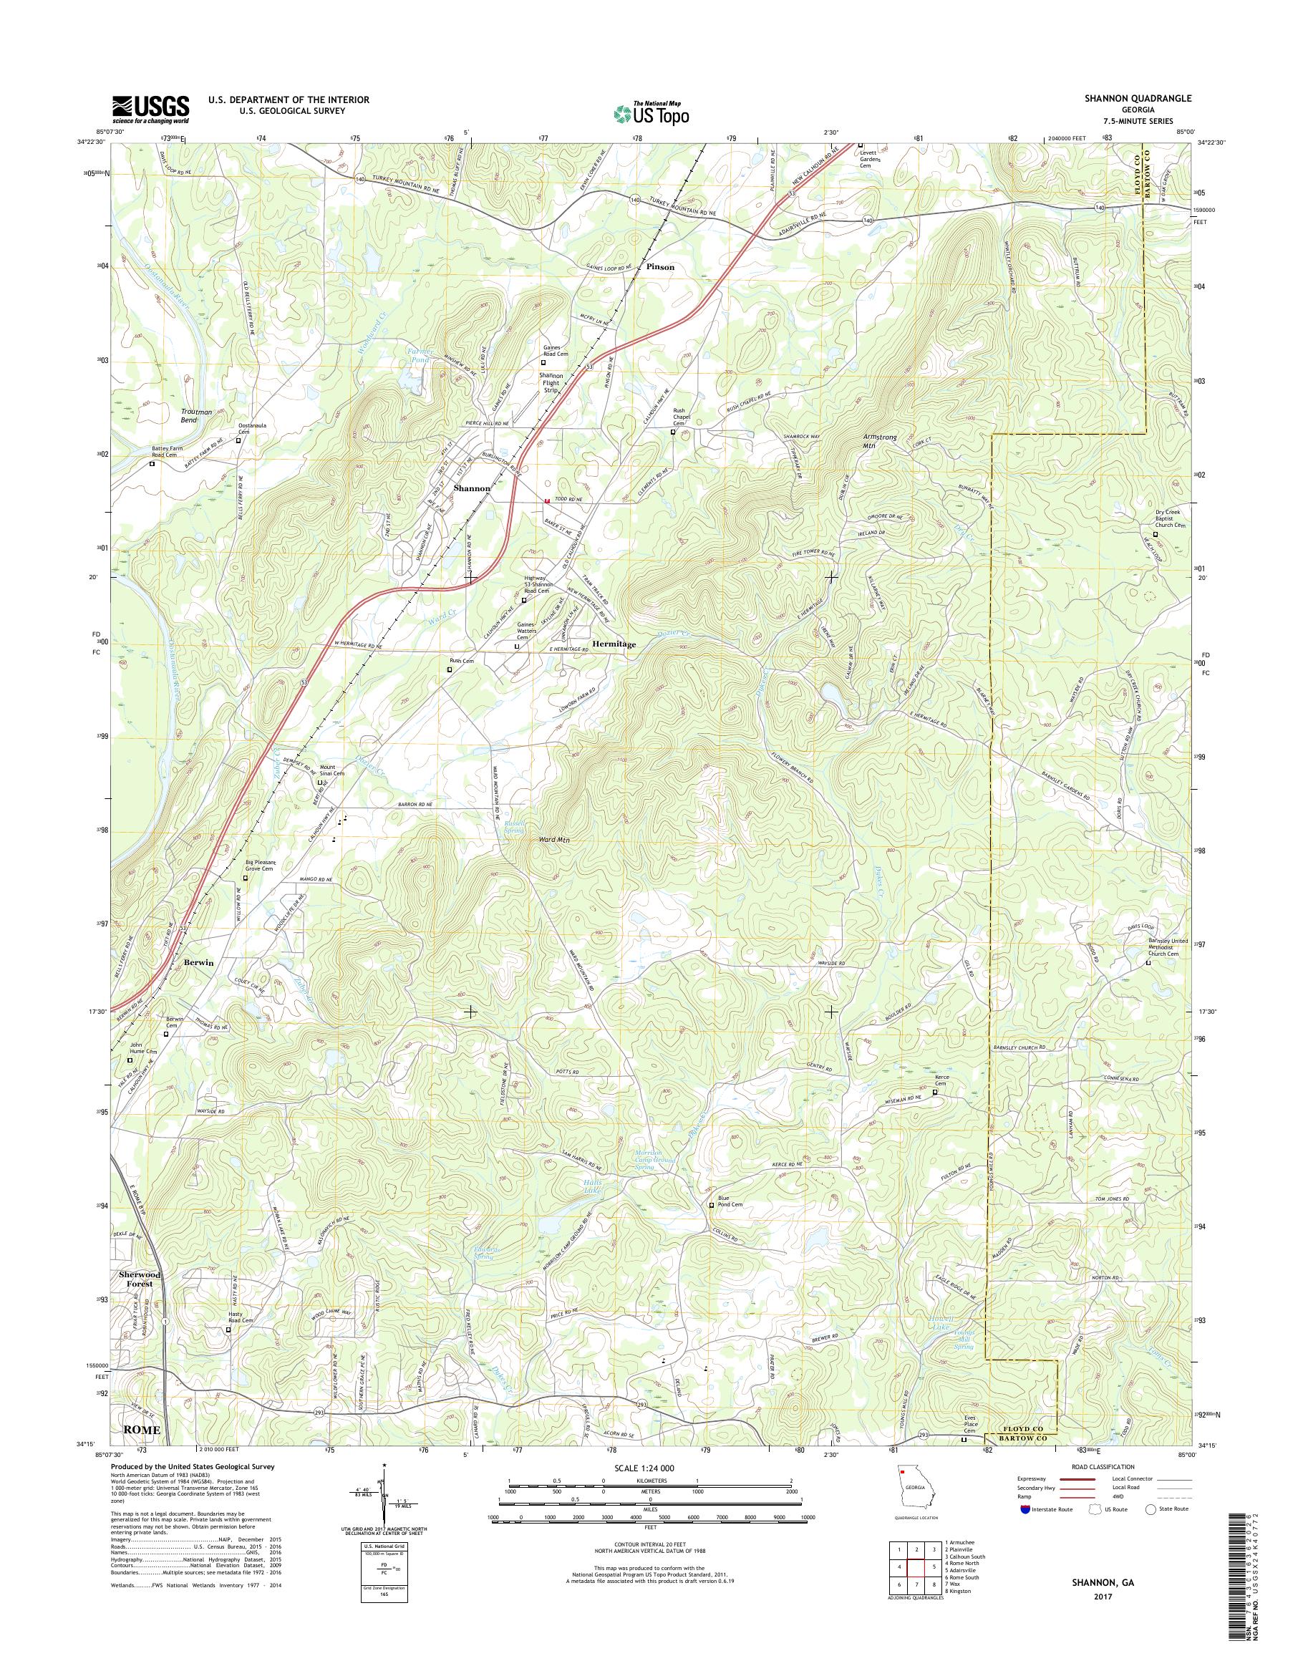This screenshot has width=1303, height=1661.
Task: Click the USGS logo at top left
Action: [x=150, y=109]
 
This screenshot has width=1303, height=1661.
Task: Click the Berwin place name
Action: [x=198, y=962]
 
